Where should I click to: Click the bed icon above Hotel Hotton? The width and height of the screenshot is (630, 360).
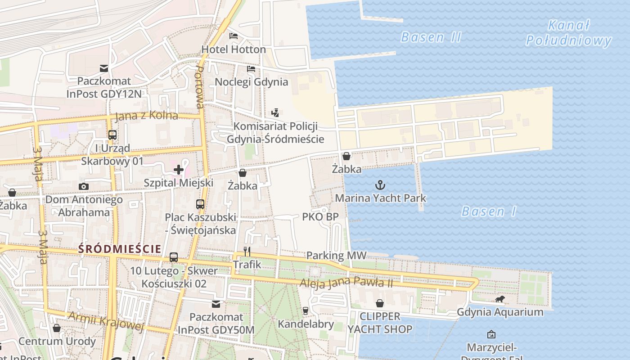pos(234,36)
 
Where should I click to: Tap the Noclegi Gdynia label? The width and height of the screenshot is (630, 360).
pos(251,81)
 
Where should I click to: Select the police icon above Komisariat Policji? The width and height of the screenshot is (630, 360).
pos(275,113)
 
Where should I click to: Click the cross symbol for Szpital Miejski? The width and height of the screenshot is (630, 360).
pos(179,170)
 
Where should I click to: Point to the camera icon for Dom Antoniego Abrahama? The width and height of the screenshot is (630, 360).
pos(83,186)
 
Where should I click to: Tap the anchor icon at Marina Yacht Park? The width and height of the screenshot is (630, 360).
pos(380,185)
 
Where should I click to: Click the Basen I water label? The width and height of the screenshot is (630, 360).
pos(489,211)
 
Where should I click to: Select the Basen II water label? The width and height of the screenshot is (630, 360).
pos(431,37)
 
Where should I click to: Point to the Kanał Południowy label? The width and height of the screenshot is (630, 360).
pos(569,33)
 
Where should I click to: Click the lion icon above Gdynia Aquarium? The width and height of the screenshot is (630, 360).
pos(500,299)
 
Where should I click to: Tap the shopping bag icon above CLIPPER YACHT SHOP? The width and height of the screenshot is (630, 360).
pos(380,303)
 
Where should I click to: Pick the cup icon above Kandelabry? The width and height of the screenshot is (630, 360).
pos(306,310)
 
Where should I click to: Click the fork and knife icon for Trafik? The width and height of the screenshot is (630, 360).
pos(247,251)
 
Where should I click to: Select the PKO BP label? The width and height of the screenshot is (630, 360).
pos(320,217)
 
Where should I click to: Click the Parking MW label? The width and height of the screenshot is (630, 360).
pos(336,256)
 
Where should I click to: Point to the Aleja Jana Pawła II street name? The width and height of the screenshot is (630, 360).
pos(346,283)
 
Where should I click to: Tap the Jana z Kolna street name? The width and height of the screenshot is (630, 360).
pos(146,116)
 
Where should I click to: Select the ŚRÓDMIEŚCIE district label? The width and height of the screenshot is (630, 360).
pos(120,248)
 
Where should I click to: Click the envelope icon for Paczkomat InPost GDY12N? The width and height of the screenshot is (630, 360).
pos(104,68)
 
